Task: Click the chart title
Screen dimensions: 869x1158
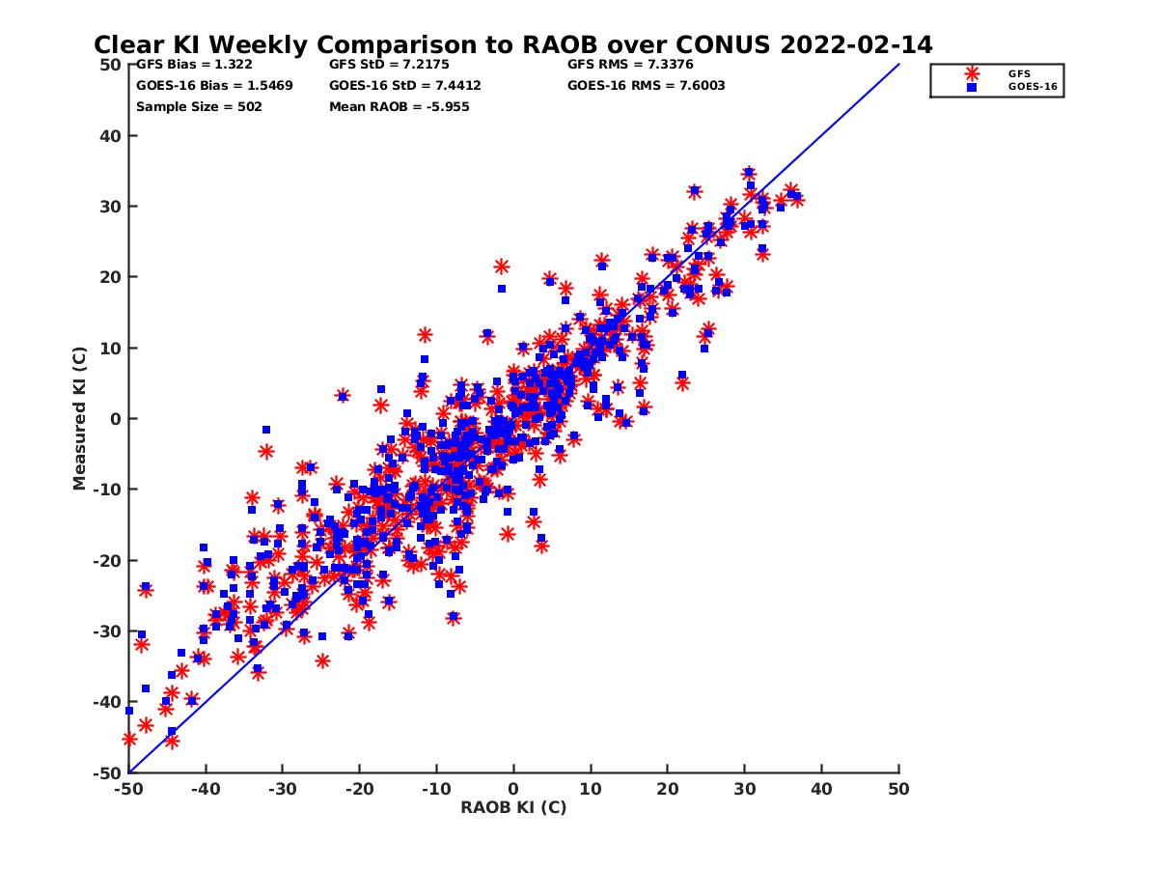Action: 512,44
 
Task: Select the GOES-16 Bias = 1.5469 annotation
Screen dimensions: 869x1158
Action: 214,85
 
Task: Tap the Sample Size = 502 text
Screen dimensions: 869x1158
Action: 199,106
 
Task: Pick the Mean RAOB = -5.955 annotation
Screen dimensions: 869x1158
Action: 400,106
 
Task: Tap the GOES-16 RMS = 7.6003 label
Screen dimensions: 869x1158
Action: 647,85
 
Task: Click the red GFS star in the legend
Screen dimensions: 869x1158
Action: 972,73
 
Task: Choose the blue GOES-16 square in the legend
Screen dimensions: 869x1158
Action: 972,87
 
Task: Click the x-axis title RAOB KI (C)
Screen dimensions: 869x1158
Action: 513,807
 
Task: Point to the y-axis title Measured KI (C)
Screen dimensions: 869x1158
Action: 80,418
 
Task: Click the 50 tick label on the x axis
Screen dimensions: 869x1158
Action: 898,789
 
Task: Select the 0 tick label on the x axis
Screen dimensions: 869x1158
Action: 513,789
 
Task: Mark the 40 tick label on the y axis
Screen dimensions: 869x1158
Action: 110,135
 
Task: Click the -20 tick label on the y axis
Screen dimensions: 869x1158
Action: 106,560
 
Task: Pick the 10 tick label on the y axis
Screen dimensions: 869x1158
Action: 110,348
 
